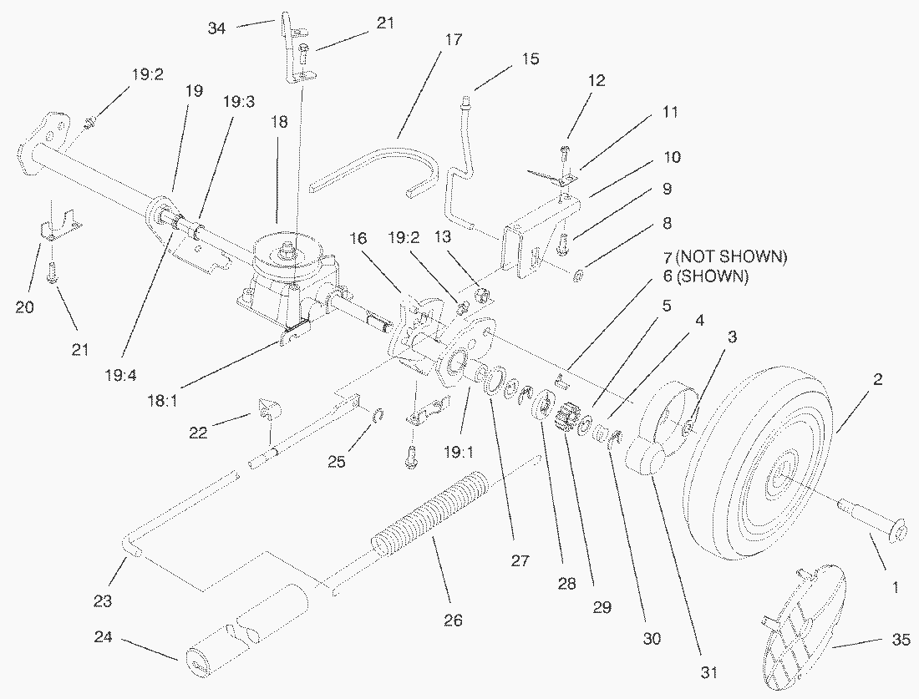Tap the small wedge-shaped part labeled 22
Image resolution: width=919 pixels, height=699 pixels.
pos(268,408)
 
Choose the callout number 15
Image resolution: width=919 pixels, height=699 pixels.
pos(530,59)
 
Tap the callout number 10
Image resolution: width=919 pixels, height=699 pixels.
pos(673,157)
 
